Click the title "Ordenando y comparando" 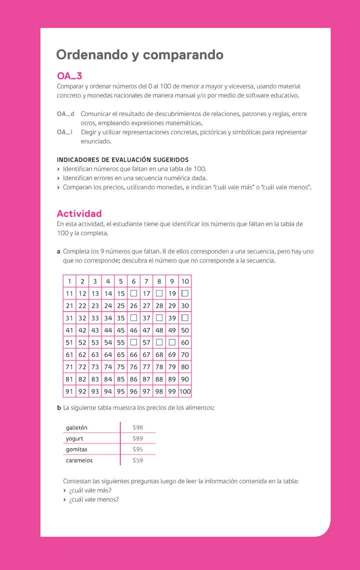point(139,54)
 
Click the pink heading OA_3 point(69,76)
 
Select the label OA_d point(65,114)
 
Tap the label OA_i point(64,132)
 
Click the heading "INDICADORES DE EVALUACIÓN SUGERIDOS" point(122,160)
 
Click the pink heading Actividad point(79,213)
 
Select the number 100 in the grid point(185,391)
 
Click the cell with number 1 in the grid point(69,281)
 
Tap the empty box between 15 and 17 point(133,293)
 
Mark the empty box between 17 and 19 point(159,293)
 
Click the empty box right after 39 point(185,317)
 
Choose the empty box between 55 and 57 point(133,342)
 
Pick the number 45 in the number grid point(120,330)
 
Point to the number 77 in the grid point(146,367)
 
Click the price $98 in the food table point(137,427)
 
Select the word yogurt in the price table point(74,438)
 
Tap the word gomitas point(76,449)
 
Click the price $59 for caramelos point(137,460)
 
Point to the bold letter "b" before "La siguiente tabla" point(59,407)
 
